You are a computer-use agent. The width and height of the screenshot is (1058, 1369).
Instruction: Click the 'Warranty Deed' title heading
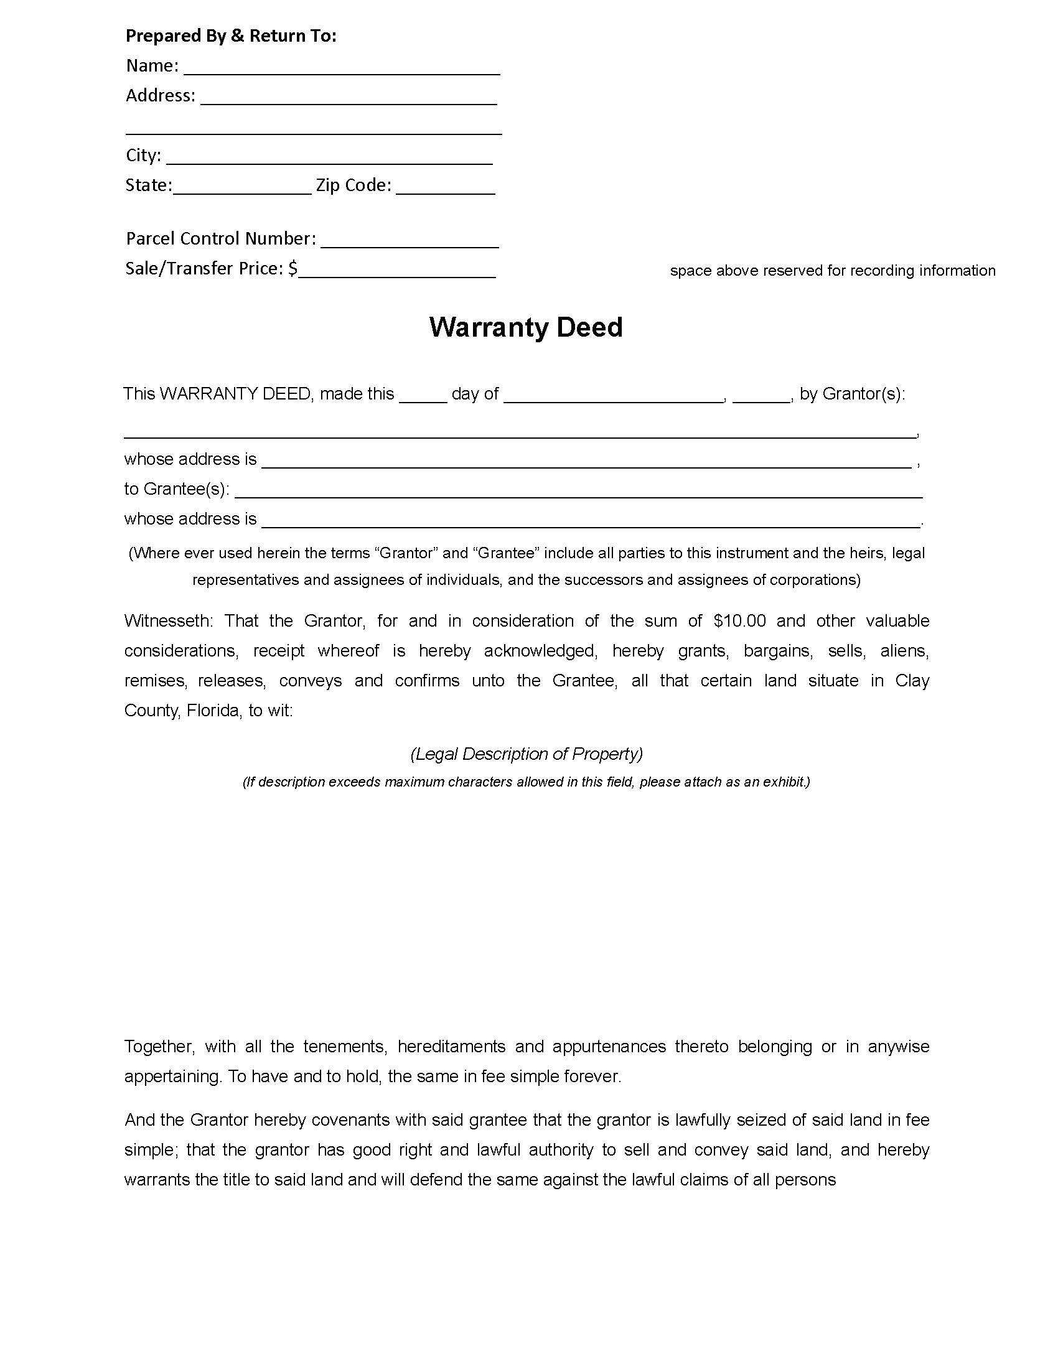tap(525, 327)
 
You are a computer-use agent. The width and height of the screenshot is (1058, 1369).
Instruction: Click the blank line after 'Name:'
tap(342, 68)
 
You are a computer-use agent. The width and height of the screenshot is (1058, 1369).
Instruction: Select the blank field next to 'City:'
tap(329, 157)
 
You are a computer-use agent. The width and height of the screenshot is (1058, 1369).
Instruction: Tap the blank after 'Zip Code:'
tap(446, 187)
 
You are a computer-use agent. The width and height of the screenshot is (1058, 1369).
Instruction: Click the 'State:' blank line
tap(242, 187)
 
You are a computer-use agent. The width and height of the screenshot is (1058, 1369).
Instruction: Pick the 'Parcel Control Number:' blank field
tap(410, 240)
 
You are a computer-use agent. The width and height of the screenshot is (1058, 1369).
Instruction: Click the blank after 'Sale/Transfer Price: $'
tap(397, 270)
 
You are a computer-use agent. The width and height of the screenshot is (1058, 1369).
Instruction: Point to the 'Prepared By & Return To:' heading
tap(231, 35)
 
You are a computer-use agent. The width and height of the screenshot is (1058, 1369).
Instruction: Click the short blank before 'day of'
tap(423, 395)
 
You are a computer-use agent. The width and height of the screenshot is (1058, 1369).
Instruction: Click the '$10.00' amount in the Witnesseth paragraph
tap(739, 621)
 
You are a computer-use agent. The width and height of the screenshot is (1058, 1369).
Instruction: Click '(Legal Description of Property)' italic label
tap(527, 754)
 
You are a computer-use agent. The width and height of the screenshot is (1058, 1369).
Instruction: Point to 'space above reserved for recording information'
tap(832, 271)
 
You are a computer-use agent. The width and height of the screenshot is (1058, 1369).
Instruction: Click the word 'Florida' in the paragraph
tap(213, 711)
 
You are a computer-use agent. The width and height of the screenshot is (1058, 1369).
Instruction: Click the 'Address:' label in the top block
tap(161, 95)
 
